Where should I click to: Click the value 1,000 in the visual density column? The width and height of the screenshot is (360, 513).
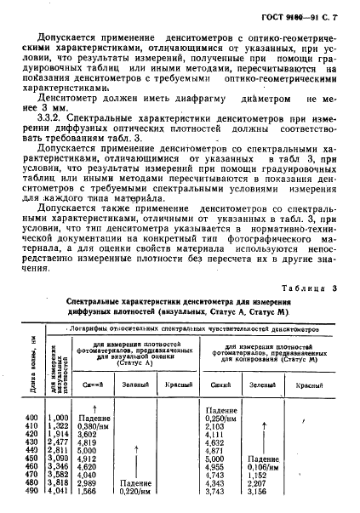coord(58,417)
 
